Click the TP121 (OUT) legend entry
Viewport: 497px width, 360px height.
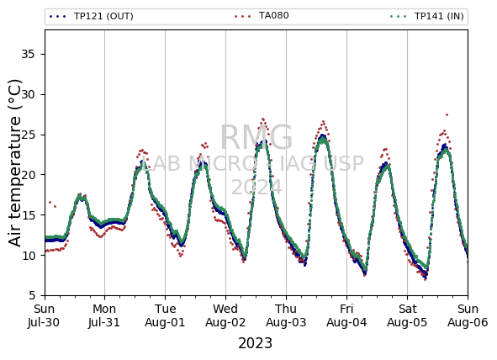point(92,16)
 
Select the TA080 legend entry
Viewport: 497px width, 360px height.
point(262,15)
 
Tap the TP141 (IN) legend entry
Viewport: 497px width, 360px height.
point(427,16)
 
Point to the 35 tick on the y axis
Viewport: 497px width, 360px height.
point(28,54)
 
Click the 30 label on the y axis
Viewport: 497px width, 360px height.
point(28,94)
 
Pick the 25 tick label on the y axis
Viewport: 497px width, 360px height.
point(28,135)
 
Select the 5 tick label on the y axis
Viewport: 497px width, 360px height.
point(32,296)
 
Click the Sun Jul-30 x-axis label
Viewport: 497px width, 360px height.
point(44,315)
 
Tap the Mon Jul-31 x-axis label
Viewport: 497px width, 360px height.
point(104,315)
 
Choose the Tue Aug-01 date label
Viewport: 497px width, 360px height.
point(165,315)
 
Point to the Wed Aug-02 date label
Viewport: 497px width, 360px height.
point(225,315)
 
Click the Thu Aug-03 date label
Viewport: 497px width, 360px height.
point(286,315)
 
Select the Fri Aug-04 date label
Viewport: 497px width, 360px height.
point(346,315)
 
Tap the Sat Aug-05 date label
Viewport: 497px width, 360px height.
point(407,315)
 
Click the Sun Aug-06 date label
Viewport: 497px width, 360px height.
point(468,315)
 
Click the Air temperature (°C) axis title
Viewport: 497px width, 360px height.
point(14,162)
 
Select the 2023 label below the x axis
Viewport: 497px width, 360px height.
point(255,343)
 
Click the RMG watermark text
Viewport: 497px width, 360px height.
point(256,138)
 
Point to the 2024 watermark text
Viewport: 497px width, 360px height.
point(256,187)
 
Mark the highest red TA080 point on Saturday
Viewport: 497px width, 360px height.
point(447,114)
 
